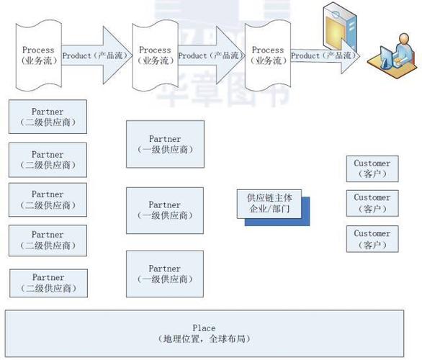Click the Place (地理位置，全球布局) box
coord(204,333)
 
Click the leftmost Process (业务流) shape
coord(38,55)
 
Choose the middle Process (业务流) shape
coord(155,55)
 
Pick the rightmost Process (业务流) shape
coord(268,55)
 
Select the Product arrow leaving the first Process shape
coord(94,55)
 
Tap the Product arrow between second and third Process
coord(210,55)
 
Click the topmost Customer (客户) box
coord(372,168)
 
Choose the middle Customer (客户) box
coord(372,202)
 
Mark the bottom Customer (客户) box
coord(372,239)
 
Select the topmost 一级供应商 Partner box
coord(164,144)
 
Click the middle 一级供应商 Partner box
coord(164,210)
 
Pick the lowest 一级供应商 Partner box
coord(164,274)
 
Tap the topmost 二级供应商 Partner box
coord(48,117)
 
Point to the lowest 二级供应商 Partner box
coord(48,283)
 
